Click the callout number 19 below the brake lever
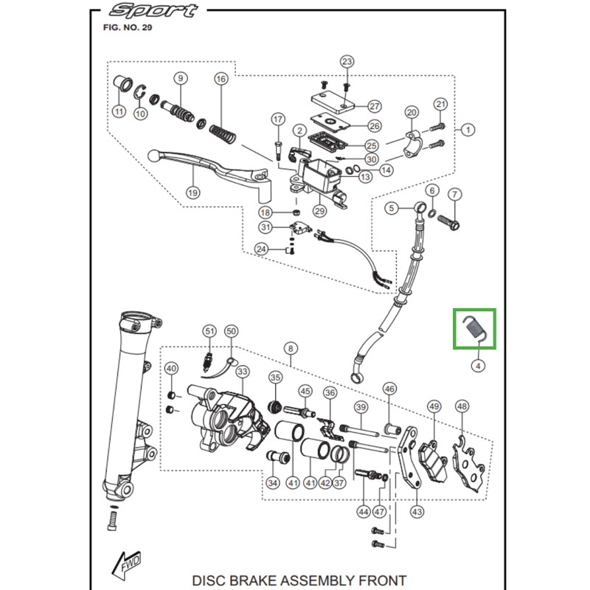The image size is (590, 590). coord(192,193)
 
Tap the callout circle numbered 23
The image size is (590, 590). coord(347,62)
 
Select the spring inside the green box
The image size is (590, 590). coord(475,329)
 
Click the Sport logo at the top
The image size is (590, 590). coord(153,10)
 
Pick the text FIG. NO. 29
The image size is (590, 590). coord(127,27)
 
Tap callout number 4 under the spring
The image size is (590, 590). coord(478,366)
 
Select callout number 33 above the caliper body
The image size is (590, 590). coord(243,372)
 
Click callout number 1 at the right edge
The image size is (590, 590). coord(468,131)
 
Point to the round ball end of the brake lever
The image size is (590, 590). coord(153,156)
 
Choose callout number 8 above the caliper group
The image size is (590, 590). coord(291,349)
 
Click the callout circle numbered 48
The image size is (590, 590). coord(462,406)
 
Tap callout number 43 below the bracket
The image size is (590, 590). coord(417,512)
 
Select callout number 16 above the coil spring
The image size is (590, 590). coord(221,79)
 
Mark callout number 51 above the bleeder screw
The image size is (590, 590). coord(209,331)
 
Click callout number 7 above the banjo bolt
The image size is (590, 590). coord(454,195)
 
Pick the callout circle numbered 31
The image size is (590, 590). coord(265,227)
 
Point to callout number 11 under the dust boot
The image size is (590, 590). coord(119,111)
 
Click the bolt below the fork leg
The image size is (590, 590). coord(113,518)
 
